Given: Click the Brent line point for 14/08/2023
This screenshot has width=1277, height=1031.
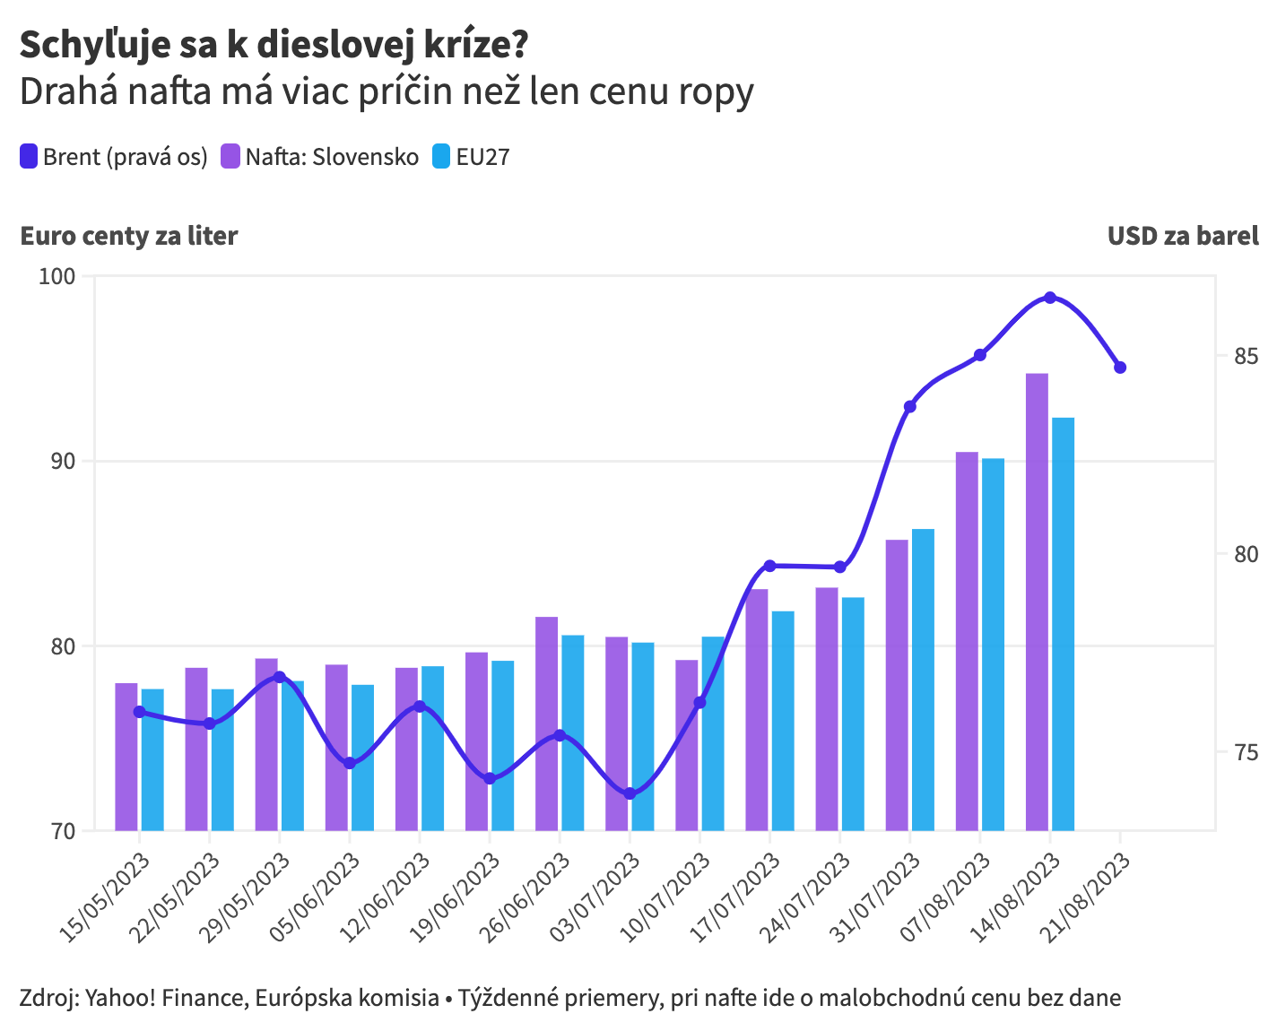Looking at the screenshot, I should tap(1050, 298).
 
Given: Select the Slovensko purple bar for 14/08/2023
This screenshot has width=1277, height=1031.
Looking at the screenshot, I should tap(1037, 601).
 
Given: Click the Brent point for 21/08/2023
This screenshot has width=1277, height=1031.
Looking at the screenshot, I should tap(1120, 368).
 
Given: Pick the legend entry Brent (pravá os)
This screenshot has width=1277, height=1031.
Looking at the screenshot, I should tap(114, 157).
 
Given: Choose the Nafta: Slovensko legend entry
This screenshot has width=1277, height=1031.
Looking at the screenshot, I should tap(320, 157).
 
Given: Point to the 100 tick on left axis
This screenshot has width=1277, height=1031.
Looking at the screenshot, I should tap(56, 276).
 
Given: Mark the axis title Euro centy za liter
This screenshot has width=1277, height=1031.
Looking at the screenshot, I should tap(128, 236).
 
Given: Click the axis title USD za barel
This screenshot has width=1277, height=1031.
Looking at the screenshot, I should tap(1183, 236).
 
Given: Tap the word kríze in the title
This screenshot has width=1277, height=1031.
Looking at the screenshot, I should tap(470, 45).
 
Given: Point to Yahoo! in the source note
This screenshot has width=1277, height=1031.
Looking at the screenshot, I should tap(122, 998).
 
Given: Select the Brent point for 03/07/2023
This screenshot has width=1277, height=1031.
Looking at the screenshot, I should tap(630, 793).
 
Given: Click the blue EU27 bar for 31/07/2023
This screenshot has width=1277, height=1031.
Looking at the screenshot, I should tap(923, 680).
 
